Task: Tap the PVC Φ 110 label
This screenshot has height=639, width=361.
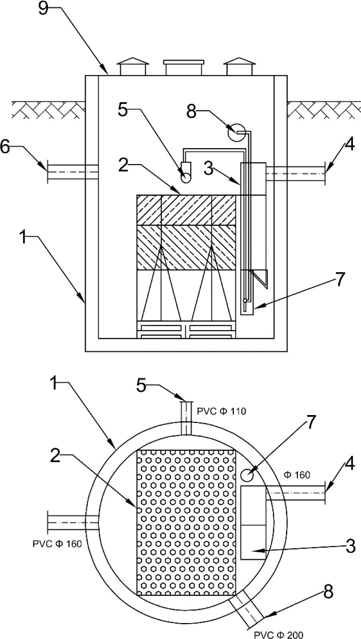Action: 221,411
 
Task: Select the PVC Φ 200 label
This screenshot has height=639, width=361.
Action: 278,635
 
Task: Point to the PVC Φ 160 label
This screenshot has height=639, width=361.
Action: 57,544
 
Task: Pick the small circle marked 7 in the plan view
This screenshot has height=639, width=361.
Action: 247,475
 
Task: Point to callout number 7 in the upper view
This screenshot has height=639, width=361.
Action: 340,279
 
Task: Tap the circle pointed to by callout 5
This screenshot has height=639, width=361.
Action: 186,178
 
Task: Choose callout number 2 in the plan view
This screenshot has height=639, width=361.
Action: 55,455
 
